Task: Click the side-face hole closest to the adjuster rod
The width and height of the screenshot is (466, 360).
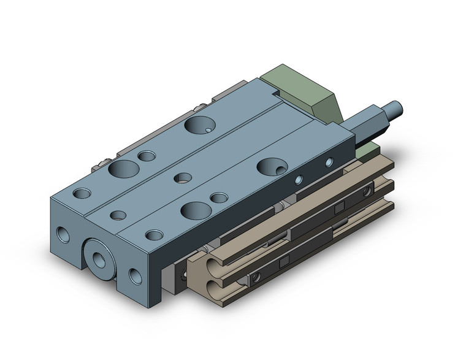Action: (329, 163)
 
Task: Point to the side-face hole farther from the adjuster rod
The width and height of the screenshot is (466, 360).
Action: (299, 180)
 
